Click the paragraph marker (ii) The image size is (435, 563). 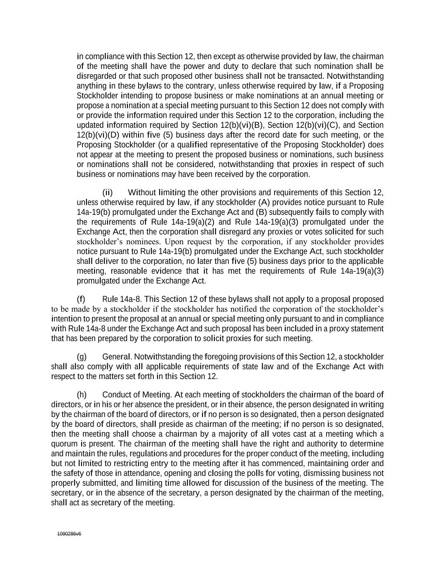click(107, 193)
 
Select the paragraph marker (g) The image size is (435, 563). click(82, 357)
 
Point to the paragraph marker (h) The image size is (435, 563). click(82, 395)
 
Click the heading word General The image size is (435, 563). click(116, 357)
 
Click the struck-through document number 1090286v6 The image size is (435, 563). click(69, 534)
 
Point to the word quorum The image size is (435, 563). click(64, 444)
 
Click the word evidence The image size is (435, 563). click(167, 271)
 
